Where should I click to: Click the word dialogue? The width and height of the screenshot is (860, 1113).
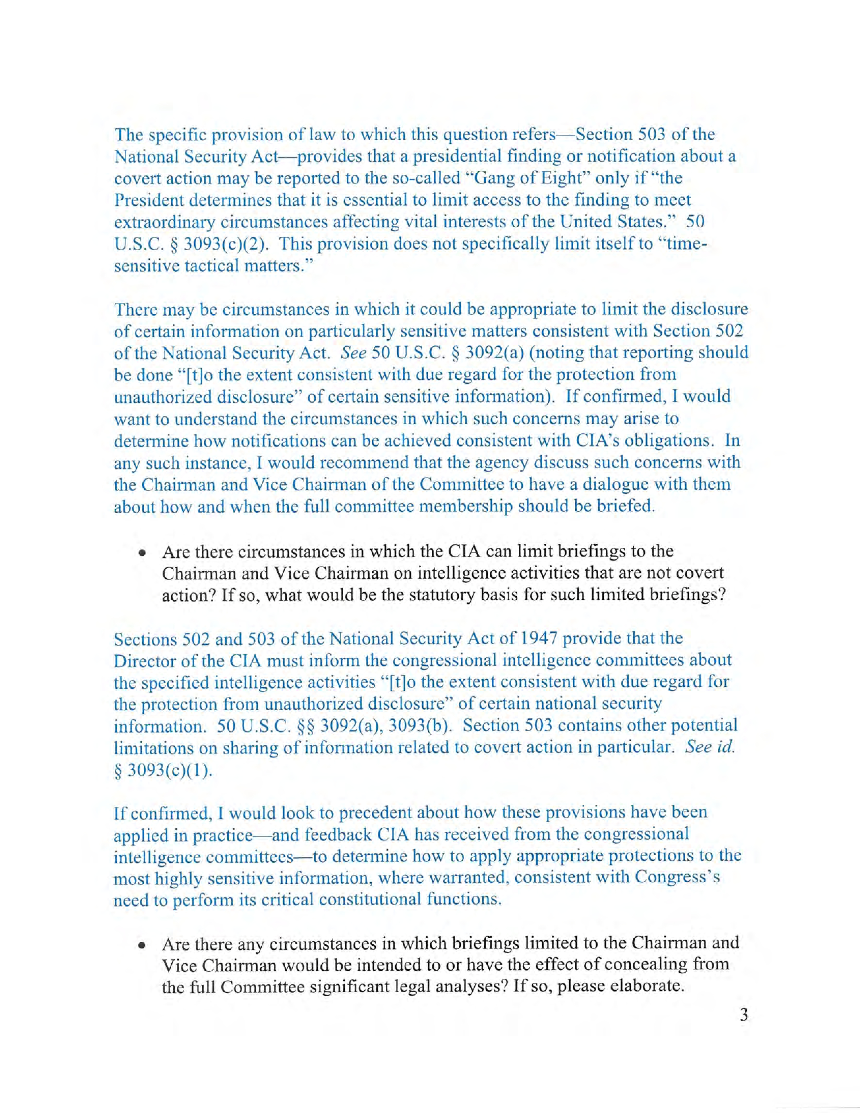click(617, 484)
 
